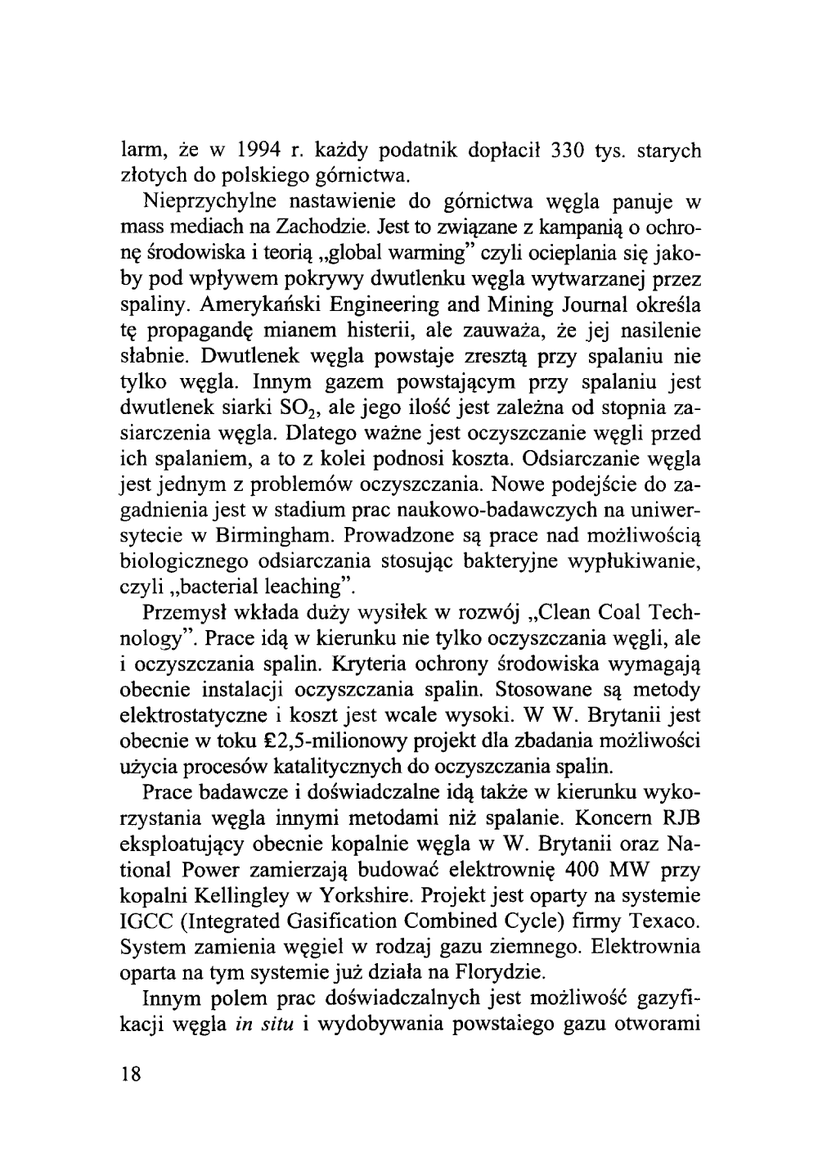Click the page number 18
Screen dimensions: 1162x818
(x=131, y=1074)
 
